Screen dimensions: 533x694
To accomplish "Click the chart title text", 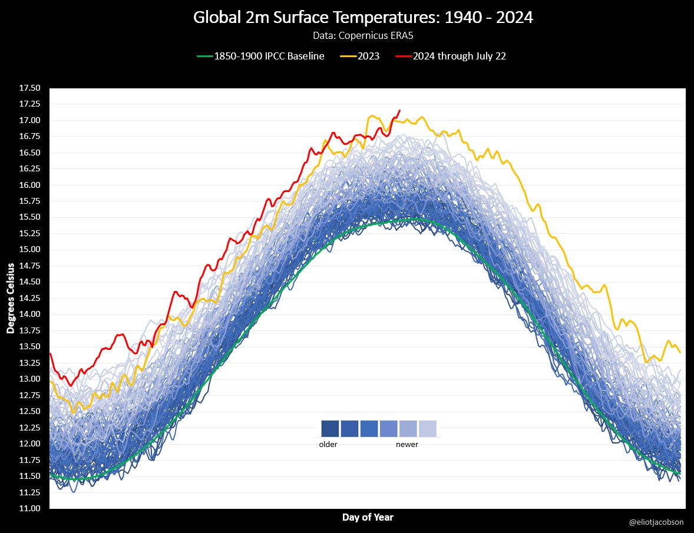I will coord(363,18).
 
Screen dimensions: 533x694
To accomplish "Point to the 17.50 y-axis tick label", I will coord(29,88).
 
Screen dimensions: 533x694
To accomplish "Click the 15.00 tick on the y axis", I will coord(29,250).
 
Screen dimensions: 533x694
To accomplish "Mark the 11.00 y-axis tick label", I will coord(29,508).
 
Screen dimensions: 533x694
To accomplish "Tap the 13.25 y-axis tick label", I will coord(29,363).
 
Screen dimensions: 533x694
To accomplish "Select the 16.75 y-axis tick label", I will coord(29,137).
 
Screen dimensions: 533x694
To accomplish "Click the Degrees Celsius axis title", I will coord(10,298).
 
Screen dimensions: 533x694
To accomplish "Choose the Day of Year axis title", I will coord(368,518).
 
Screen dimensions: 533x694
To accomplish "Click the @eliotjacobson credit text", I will coord(656,522).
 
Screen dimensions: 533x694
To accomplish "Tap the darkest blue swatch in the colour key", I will coord(330,428).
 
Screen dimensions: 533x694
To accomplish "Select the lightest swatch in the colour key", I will coord(428,428).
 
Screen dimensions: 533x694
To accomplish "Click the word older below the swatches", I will coord(328,445).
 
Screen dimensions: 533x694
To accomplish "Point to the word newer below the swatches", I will coord(407,445).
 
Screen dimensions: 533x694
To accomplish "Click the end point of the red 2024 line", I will coord(400,110).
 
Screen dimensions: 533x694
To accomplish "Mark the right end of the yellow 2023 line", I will coord(680,352).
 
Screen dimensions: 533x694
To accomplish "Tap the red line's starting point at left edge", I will coord(51,354).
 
